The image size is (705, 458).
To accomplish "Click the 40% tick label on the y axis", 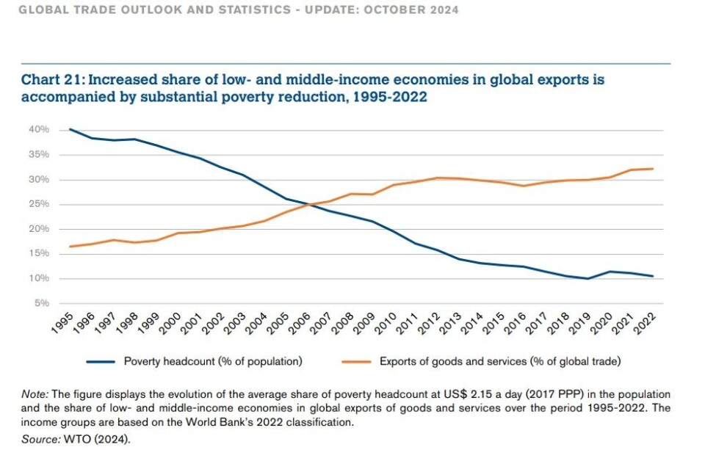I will point(40,130).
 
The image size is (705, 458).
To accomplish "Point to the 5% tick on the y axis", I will point(42,303).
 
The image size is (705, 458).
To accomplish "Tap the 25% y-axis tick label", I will point(40,204).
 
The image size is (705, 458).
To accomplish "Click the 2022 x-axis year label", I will point(647,322).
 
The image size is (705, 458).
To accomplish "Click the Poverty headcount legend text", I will point(213,361).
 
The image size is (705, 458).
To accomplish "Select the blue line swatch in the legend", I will point(101,361).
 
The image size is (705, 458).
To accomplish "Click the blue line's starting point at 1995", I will point(71,129).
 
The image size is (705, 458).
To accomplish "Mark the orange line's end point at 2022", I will point(653,169).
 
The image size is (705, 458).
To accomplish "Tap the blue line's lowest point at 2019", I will point(588,279).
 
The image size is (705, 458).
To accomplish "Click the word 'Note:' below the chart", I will point(34,395).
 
